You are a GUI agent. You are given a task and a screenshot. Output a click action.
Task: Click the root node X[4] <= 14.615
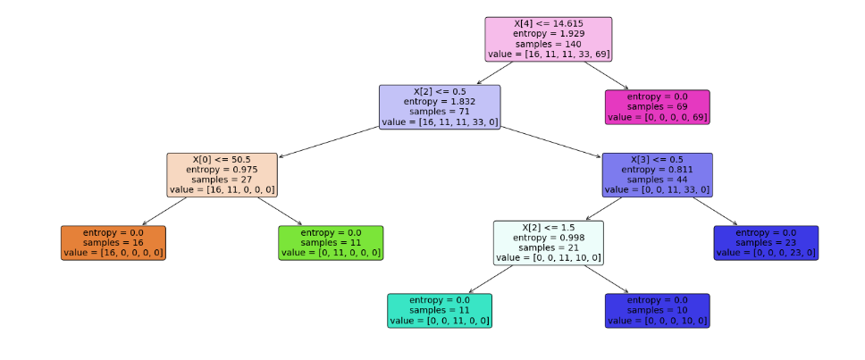point(548,39)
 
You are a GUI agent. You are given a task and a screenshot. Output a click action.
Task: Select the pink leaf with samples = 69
point(657,106)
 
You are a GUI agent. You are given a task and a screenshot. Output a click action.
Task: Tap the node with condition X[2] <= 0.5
point(440,106)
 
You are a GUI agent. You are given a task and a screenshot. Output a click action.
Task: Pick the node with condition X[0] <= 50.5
point(222,174)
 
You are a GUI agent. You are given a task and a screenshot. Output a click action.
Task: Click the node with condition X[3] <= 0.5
point(657,174)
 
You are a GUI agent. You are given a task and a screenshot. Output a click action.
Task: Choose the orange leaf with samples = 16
point(113,242)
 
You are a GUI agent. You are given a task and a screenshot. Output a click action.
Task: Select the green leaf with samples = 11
point(331,242)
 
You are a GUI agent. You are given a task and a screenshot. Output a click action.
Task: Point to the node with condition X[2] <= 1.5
point(548,242)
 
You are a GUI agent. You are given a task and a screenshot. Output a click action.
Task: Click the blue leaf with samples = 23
point(766,242)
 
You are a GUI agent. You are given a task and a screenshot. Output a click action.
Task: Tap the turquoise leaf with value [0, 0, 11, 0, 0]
point(440,310)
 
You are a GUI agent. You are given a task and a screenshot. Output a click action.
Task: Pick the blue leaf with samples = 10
point(657,310)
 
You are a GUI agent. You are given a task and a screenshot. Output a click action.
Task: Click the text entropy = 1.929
point(548,33)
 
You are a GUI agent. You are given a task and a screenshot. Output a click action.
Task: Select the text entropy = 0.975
point(222,169)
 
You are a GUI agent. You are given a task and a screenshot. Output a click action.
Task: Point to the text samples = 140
point(548,44)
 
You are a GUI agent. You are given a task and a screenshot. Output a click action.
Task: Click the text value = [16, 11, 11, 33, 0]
point(440,122)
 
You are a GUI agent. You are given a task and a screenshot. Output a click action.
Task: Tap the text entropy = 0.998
point(548,237)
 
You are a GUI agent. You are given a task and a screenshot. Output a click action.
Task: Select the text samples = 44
point(657,180)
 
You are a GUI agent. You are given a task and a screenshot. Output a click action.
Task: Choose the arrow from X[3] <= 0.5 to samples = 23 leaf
point(715,211)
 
